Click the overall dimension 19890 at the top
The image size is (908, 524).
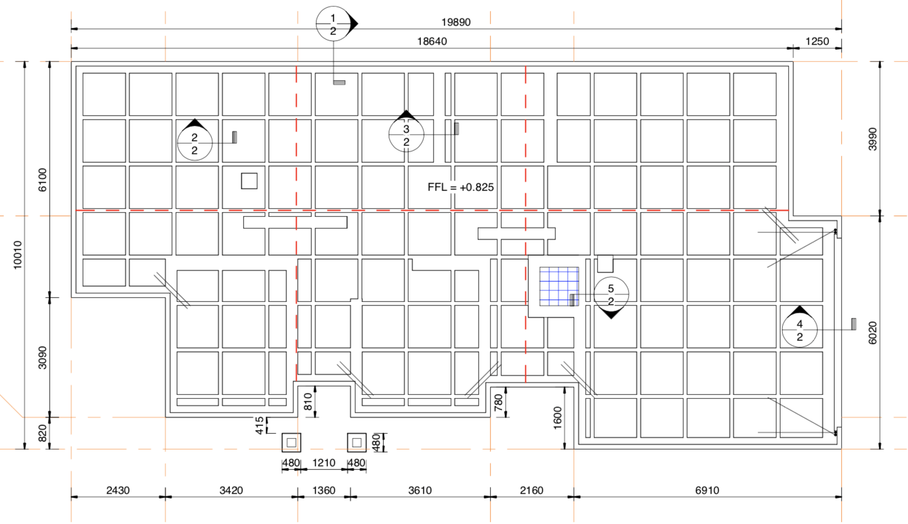tap(455, 22)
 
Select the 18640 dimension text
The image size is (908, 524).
tap(432, 41)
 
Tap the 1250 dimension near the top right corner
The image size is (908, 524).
tap(817, 41)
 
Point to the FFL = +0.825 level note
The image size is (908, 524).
tap(460, 187)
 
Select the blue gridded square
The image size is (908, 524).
tap(559, 286)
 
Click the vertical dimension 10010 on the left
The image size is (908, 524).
tap(17, 255)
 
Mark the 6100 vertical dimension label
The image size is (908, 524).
tap(42, 180)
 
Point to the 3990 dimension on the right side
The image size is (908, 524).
tap(872, 139)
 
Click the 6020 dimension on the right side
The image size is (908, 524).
tap(872, 333)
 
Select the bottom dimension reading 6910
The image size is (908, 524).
tap(707, 490)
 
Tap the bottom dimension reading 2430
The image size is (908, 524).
tap(118, 490)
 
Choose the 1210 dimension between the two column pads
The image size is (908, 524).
tap(324, 463)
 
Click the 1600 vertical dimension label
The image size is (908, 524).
tap(557, 418)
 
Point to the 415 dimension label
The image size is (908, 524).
tap(259, 425)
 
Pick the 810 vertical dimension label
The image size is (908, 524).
tap(308, 402)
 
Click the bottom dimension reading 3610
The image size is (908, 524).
tap(419, 490)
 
